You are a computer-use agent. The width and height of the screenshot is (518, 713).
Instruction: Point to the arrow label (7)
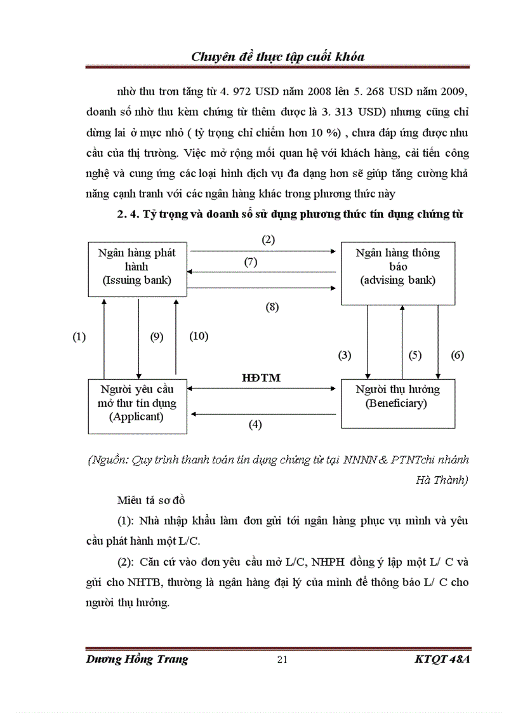[251, 262]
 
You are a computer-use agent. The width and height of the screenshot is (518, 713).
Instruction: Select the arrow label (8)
[272, 307]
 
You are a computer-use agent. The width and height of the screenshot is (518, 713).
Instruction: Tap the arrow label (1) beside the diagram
[79, 337]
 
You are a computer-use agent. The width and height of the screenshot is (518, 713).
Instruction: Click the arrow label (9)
[156, 337]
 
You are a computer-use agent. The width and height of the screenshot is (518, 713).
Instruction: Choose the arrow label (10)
[199, 336]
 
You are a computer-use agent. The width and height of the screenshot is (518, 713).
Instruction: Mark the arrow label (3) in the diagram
[344, 356]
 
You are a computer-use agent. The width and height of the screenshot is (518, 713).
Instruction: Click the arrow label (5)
[415, 356]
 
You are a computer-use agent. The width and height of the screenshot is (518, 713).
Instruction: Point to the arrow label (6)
[457, 356]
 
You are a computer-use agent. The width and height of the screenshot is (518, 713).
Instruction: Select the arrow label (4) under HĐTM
[255, 425]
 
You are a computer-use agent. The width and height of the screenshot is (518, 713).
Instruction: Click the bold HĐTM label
[262, 377]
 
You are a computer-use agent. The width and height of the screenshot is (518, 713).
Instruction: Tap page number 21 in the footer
[283, 659]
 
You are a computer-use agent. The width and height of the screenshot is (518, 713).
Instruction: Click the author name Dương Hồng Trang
[137, 659]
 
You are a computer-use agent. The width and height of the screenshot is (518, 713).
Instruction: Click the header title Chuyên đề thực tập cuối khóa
[277, 57]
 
